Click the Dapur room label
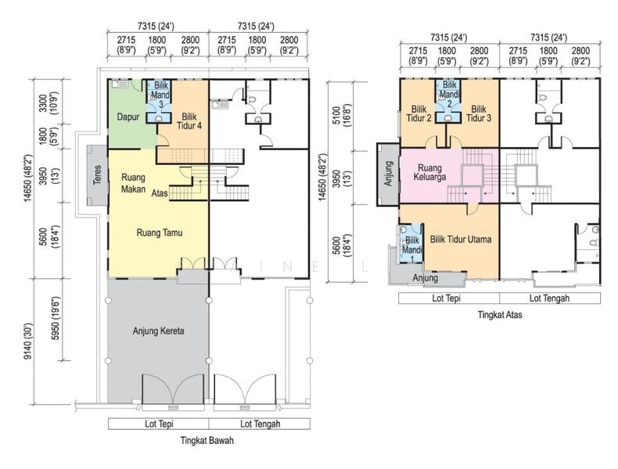click(x=128, y=117)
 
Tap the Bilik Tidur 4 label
click(x=189, y=121)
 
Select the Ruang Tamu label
click(x=160, y=233)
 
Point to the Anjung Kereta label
click(x=159, y=331)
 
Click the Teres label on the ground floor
click(x=97, y=174)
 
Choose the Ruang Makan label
click(x=133, y=183)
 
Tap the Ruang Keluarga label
click(x=430, y=173)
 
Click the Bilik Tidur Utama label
click(x=461, y=239)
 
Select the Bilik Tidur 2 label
click(x=419, y=113)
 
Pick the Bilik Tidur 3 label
click(x=479, y=113)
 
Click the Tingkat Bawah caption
click(x=207, y=440)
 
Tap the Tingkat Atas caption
click(x=500, y=315)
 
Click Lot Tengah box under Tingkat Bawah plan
click(x=260, y=424)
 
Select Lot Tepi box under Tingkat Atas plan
click(x=449, y=298)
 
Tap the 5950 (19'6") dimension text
click(x=56, y=319)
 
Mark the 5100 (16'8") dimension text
click(x=341, y=115)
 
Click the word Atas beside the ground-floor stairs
click(x=160, y=193)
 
